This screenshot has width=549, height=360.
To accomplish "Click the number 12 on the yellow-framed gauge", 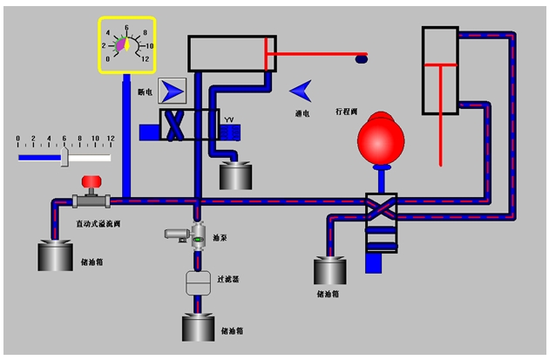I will (x=146, y=58).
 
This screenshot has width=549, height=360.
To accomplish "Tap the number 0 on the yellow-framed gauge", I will (x=107, y=58).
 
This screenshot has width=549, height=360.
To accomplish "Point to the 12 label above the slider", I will (x=110, y=139).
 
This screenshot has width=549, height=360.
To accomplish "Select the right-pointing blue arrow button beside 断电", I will (x=173, y=89).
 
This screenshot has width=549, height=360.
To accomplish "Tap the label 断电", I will (x=144, y=90).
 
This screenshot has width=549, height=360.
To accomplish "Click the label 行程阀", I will (x=347, y=112).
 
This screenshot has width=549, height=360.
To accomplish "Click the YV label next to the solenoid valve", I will (x=229, y=119).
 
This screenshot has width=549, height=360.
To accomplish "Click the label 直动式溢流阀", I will (x=91, y=223).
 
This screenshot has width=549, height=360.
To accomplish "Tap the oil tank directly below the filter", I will (x=200, y=326).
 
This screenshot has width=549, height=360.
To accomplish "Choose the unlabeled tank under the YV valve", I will (x=234, y=175).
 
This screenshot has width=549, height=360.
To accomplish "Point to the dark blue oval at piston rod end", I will (x=361, y=58).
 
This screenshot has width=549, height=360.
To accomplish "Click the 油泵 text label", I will (x=220, y=236).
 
